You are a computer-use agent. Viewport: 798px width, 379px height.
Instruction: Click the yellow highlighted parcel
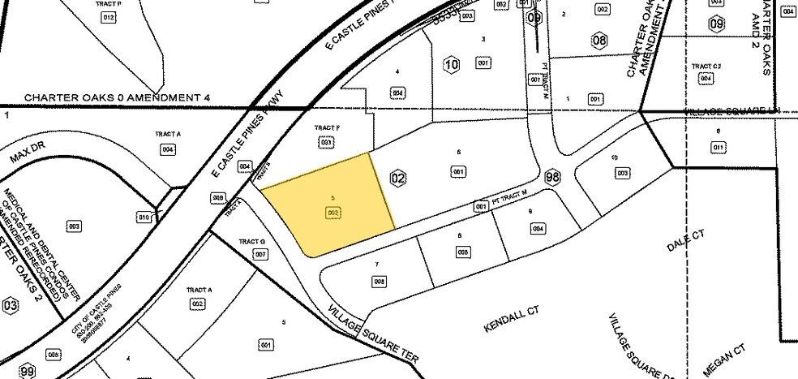point(328,203)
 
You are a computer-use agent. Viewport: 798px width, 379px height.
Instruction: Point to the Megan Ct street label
point(723,361)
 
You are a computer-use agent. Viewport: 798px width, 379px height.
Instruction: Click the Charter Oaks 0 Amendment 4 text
point(117,98)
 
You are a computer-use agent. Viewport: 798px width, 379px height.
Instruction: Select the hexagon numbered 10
point(453,62)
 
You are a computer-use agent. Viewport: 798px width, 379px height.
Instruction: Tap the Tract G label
point(252,242)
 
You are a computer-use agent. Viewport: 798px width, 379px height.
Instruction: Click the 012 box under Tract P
point(109,18)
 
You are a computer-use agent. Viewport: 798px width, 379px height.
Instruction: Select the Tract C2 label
point(706,66)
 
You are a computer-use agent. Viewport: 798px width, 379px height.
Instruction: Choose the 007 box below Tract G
point(260,254)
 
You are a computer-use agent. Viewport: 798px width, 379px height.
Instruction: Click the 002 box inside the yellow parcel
point(331,212)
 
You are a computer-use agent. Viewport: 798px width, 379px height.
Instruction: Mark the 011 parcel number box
point(719,147)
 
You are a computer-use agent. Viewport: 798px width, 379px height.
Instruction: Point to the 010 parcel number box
point(144,217)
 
